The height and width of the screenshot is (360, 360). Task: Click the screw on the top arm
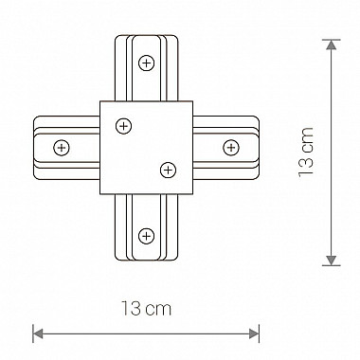tap(147, 63)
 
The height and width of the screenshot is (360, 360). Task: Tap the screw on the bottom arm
tap(146, 236)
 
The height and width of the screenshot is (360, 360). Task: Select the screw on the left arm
tap(62, 148)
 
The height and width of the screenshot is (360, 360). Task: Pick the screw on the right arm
tap(231, 148)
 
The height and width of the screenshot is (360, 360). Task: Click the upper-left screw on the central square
tap(124, 126)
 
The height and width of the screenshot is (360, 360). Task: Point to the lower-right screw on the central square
tap(169, 171)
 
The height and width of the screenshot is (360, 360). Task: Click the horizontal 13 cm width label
tap(147, 308)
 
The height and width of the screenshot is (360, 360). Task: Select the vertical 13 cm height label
tap(306, 152)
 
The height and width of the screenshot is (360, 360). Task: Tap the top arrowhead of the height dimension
tap(331, 45)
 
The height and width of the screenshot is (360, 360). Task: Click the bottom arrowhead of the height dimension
tap(331, 261)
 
